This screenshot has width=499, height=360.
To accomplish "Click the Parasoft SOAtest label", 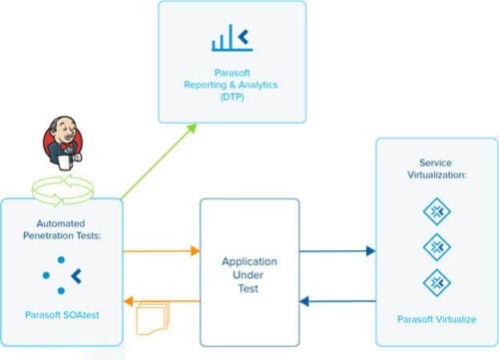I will [x=62, y=315].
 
